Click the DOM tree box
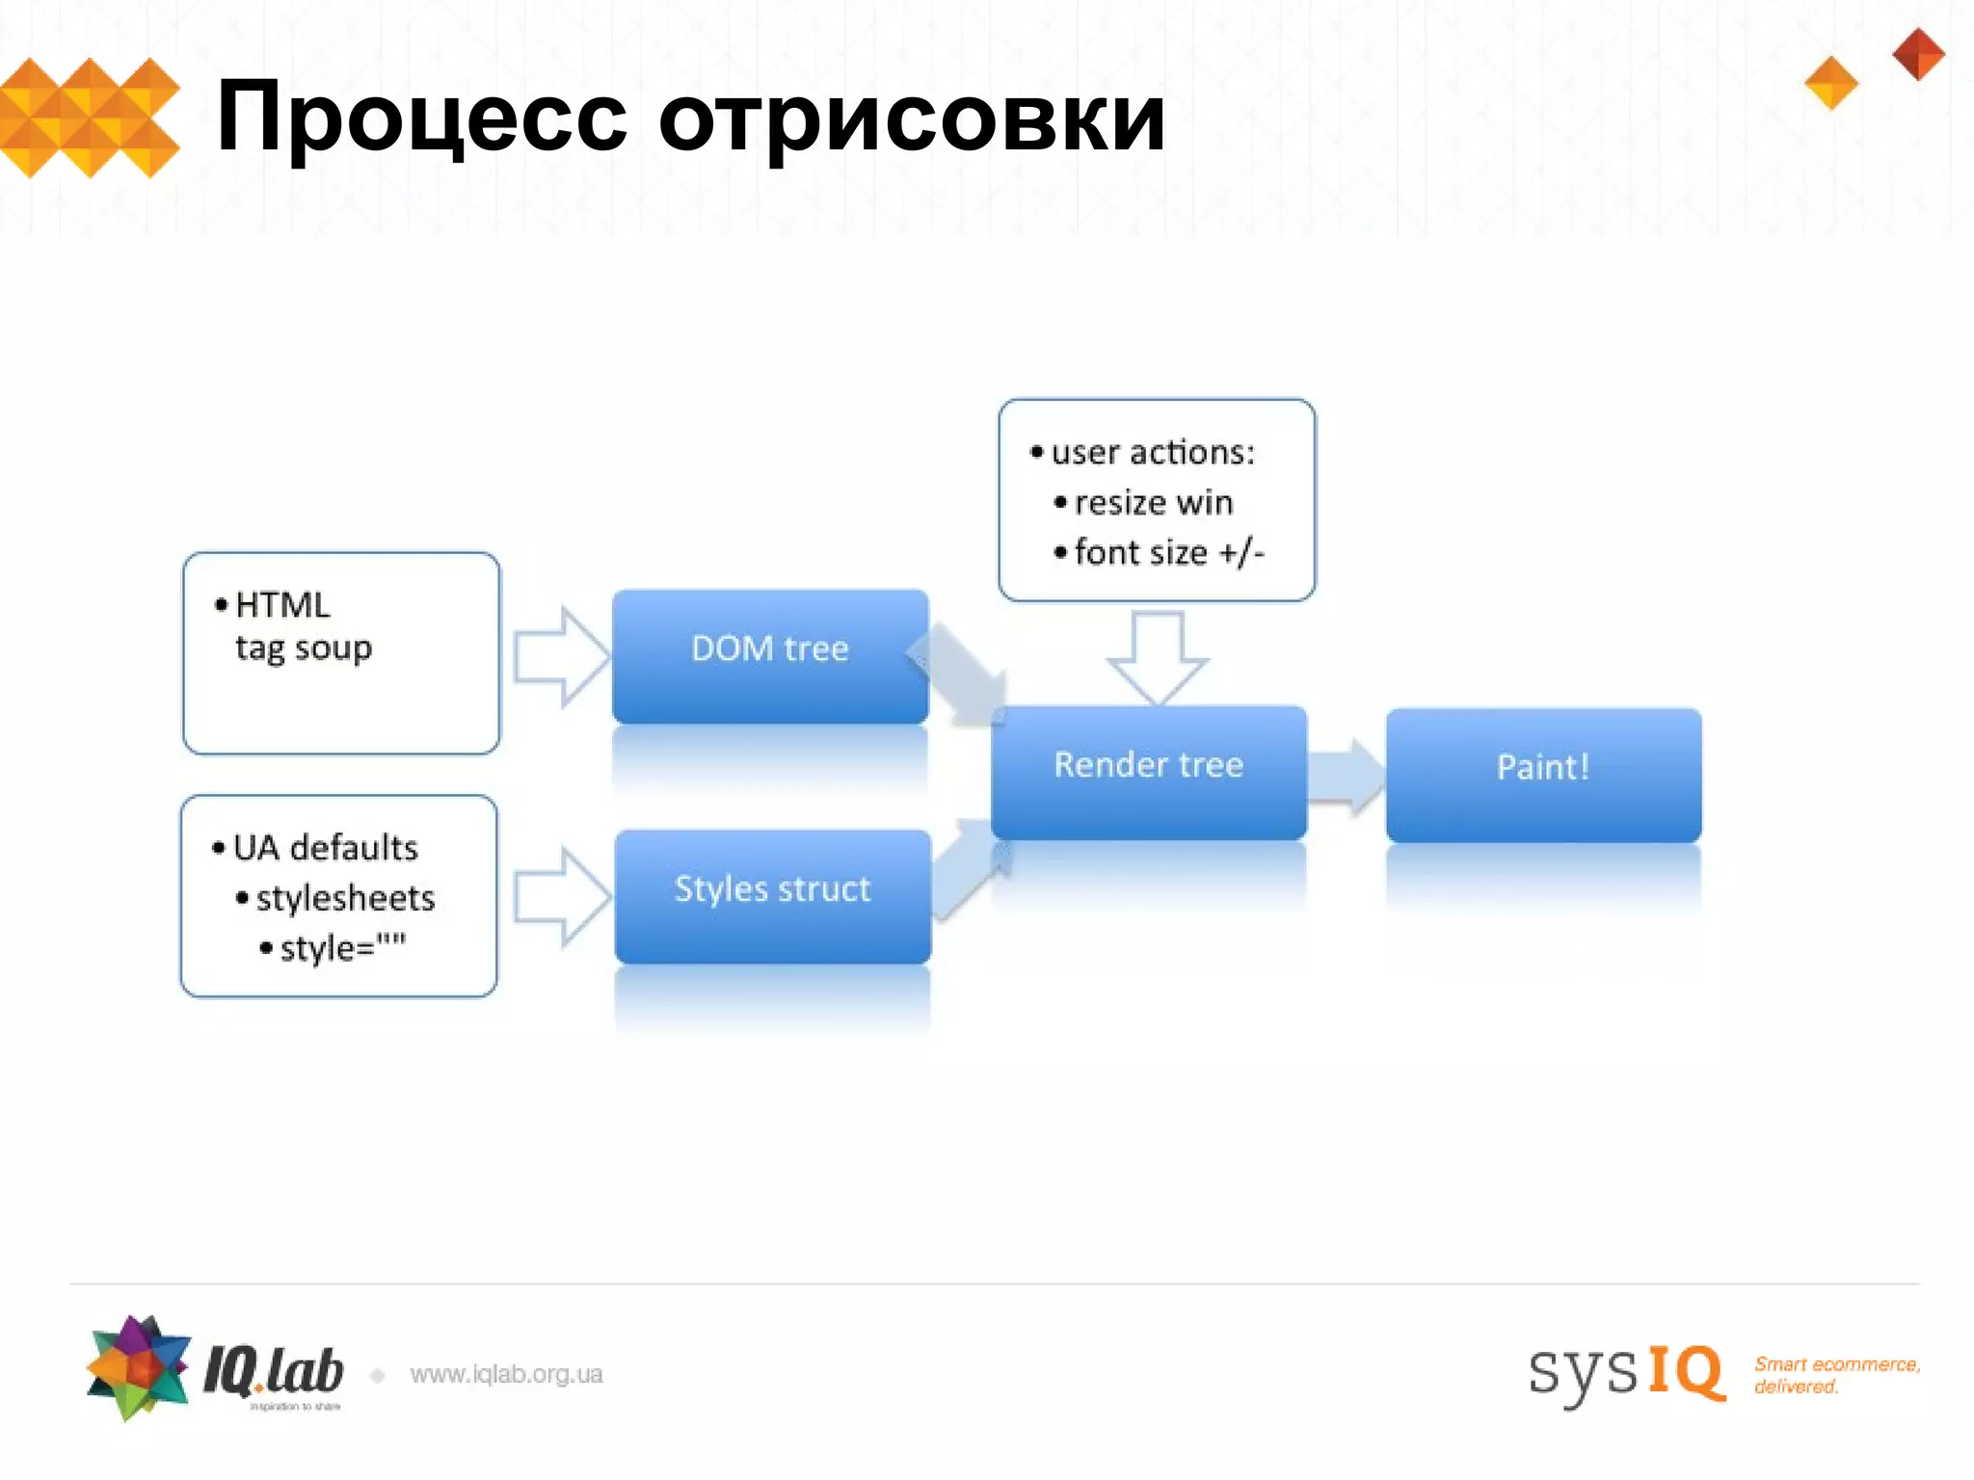coord(770,655)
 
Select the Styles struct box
coord(773,895)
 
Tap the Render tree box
coord(1148,771)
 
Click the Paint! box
coord(1543,774)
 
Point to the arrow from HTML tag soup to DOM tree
coord(560,657)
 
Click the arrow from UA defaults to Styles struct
coord(561,897)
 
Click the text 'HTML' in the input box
coord(282,605)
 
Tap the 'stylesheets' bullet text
coord(345,898)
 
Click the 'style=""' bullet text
coord(343,948)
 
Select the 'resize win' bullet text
coord(1153,502)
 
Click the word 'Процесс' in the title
coord(422,119)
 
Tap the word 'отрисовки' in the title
coord(912,119)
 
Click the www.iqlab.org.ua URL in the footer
coord(506,1374)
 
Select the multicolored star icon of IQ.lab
coord(138,1366)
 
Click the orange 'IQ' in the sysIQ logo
coord(1685,1372)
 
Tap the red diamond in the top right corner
coord(1918,54)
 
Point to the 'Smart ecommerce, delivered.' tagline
coord(1836,1375)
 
